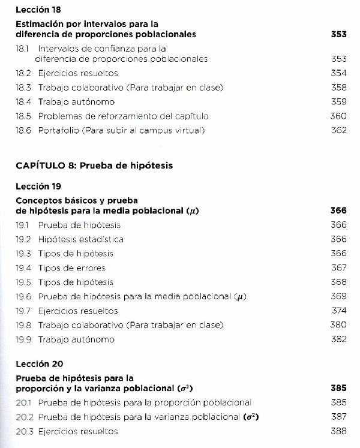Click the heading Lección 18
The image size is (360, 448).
point(38,10)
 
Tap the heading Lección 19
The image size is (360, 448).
point(38,187)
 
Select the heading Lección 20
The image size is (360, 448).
point(39,364)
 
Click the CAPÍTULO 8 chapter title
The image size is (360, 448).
point(94,166)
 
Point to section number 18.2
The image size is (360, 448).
point(23,73)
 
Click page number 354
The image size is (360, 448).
point(338,73)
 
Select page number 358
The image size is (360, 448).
point(338,88)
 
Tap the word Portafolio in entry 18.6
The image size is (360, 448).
point(59,131)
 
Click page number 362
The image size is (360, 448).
point(338,131)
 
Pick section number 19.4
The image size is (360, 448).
point(23,268)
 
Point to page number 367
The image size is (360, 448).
point(338,268)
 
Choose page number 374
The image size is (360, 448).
point(339,311)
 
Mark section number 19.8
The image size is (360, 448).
point(23,325)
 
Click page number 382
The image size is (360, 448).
point(338,339)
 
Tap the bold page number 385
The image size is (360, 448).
point(338,388)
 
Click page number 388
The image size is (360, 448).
point(338,431)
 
